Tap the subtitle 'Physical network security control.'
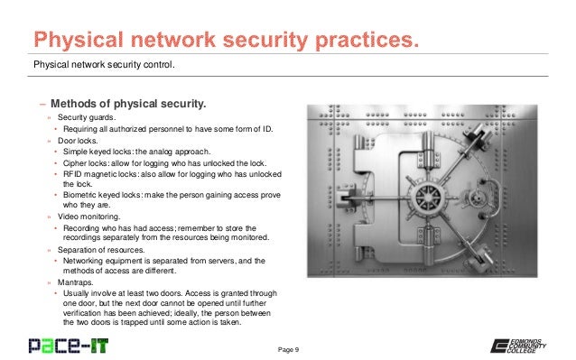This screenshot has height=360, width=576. pyautogui.click(x=104, y=65)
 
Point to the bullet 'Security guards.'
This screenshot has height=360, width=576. pyautogui.click(x=87, y=117)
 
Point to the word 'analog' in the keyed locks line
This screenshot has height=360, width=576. pyautogui.click(x=156, y=151)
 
